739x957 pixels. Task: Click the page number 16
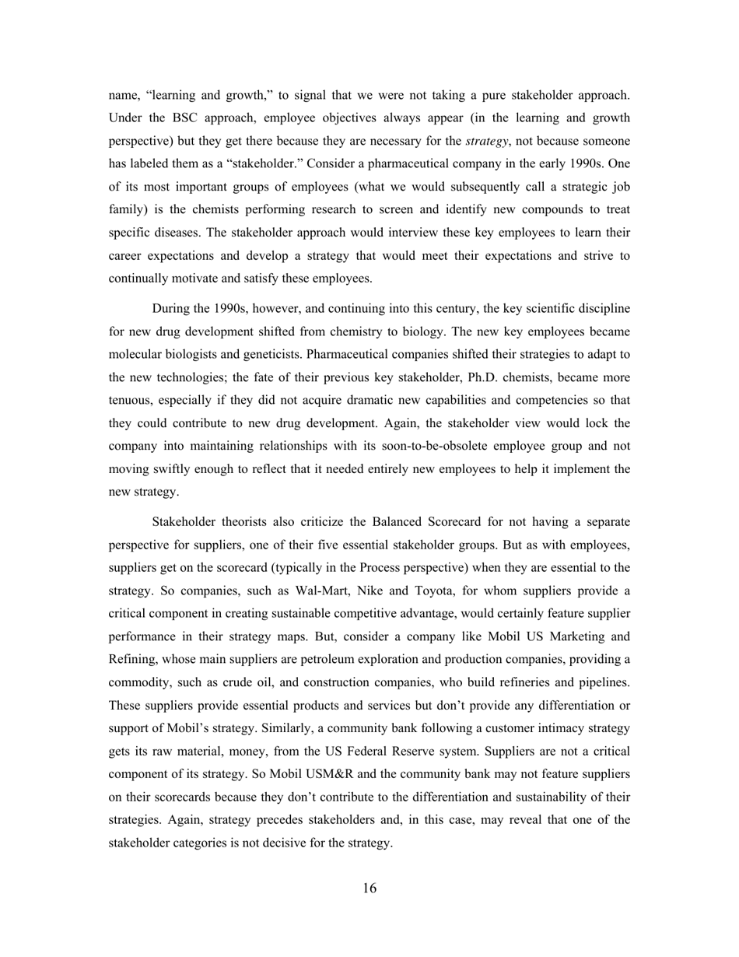click(369, 889)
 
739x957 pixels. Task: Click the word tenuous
click(131, 400)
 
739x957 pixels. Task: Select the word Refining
click(132, 660)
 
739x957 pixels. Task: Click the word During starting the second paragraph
click(171, 308)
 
